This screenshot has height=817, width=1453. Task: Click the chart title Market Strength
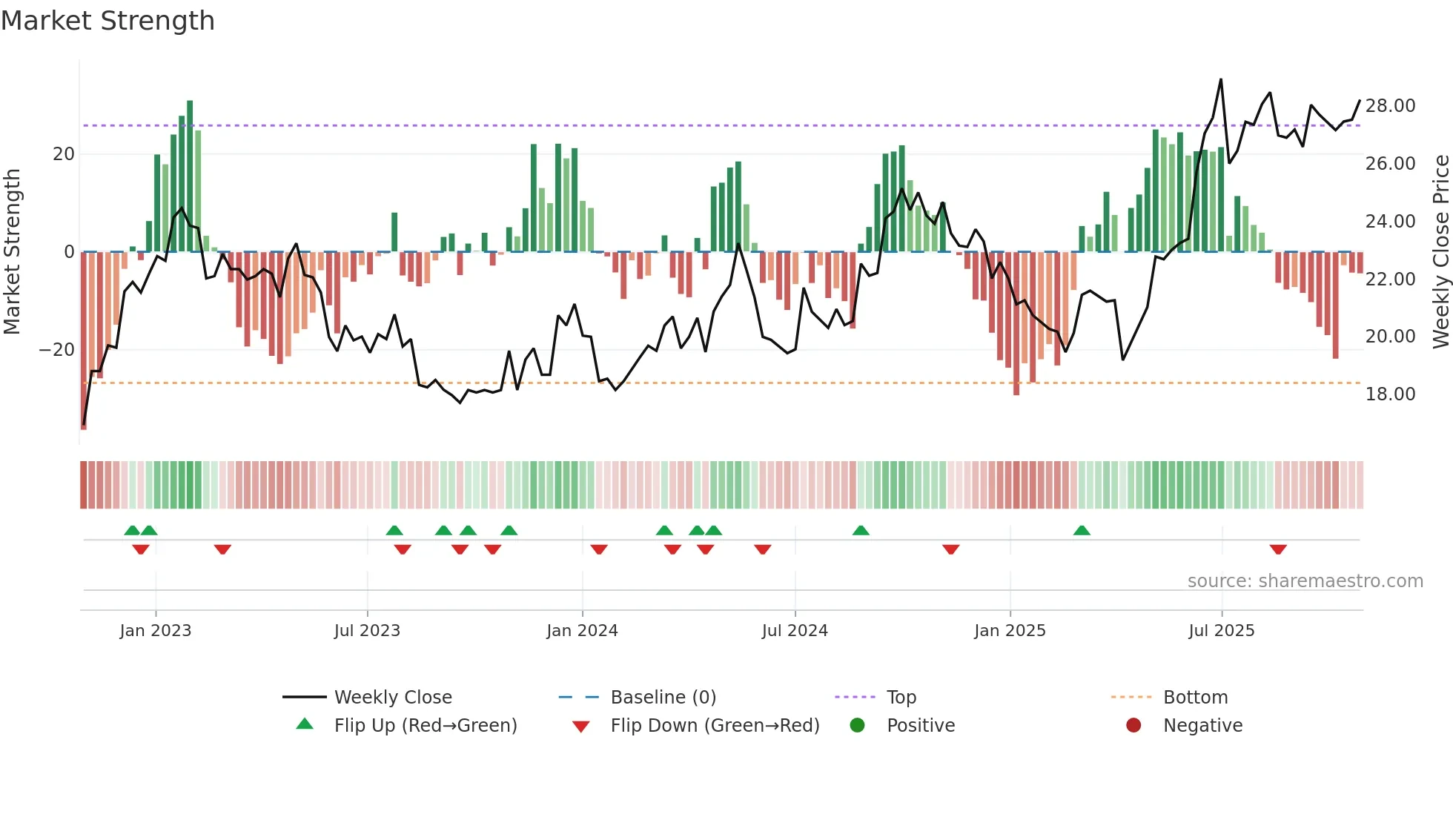pos(107,21)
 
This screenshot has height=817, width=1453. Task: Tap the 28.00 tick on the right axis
pos(1390,106)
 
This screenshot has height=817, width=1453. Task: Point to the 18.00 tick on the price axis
pos(1390,394)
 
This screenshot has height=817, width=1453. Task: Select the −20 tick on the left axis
pos(57,350)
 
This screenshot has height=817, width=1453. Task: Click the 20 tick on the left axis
pos(64,154)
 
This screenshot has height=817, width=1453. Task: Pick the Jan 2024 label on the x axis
pos(582,631)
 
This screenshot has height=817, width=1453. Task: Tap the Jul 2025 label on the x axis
pos(1221,631)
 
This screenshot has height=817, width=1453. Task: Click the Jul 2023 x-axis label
pos(367,631)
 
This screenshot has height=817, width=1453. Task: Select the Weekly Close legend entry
pos(393,698)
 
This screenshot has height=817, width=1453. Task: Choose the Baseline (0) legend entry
pos(663,698)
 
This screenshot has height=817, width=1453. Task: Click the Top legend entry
pos(901,698)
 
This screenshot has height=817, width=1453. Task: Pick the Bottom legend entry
pos(1195,698)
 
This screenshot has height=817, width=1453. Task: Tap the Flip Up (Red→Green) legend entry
pos(426,726)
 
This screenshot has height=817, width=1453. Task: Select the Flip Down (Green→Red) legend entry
pos(715,726)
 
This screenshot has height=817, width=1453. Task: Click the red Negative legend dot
pos(1133,726)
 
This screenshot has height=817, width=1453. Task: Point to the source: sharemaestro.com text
pos(1305,581)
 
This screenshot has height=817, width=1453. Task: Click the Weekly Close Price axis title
pos(1440,252)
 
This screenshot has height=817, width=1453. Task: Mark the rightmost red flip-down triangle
pos(1278,549)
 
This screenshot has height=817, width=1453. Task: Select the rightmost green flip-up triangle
pos(1082,530)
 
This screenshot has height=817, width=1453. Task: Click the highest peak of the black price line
pos(1221,80)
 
